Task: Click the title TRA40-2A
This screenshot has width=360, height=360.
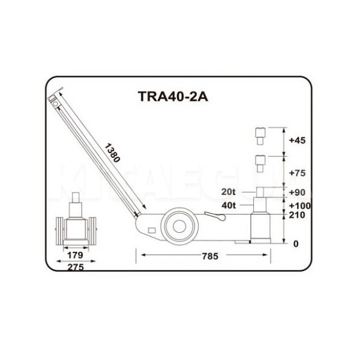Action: coord(173,97)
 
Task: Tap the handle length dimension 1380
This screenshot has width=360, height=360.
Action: coord(112,152)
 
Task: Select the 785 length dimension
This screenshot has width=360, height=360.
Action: coord(210,256)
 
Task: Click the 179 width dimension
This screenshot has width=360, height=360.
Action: coord(75,255)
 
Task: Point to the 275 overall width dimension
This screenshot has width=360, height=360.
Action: coord(76,267)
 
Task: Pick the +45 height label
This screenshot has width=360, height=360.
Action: coord(298,140)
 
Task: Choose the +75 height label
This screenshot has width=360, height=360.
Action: coord(298,173)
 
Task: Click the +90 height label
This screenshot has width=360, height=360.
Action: coord(298,193)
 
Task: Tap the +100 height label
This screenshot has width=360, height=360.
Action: coord(300,205)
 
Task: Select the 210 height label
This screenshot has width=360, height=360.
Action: coord(297,215)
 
